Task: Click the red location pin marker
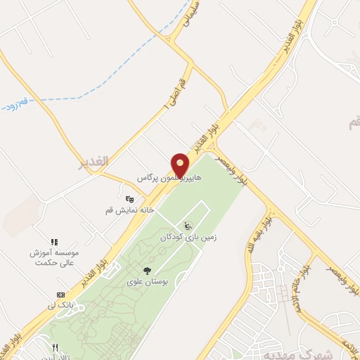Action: click(181, 165)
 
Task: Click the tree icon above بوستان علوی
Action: click(147, 271)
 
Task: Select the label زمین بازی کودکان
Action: click(187, 238)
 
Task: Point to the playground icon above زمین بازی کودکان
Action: click(187, 226)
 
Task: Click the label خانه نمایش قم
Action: click(129, 210)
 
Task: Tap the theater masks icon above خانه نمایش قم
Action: click(129, 199)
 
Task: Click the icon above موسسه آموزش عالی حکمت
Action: click(54, 242)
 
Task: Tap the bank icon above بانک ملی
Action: click(60, 295)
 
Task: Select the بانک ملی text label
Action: click(60, 305)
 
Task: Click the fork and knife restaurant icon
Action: click(55, 347)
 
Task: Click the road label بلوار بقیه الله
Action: click(257, 237)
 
